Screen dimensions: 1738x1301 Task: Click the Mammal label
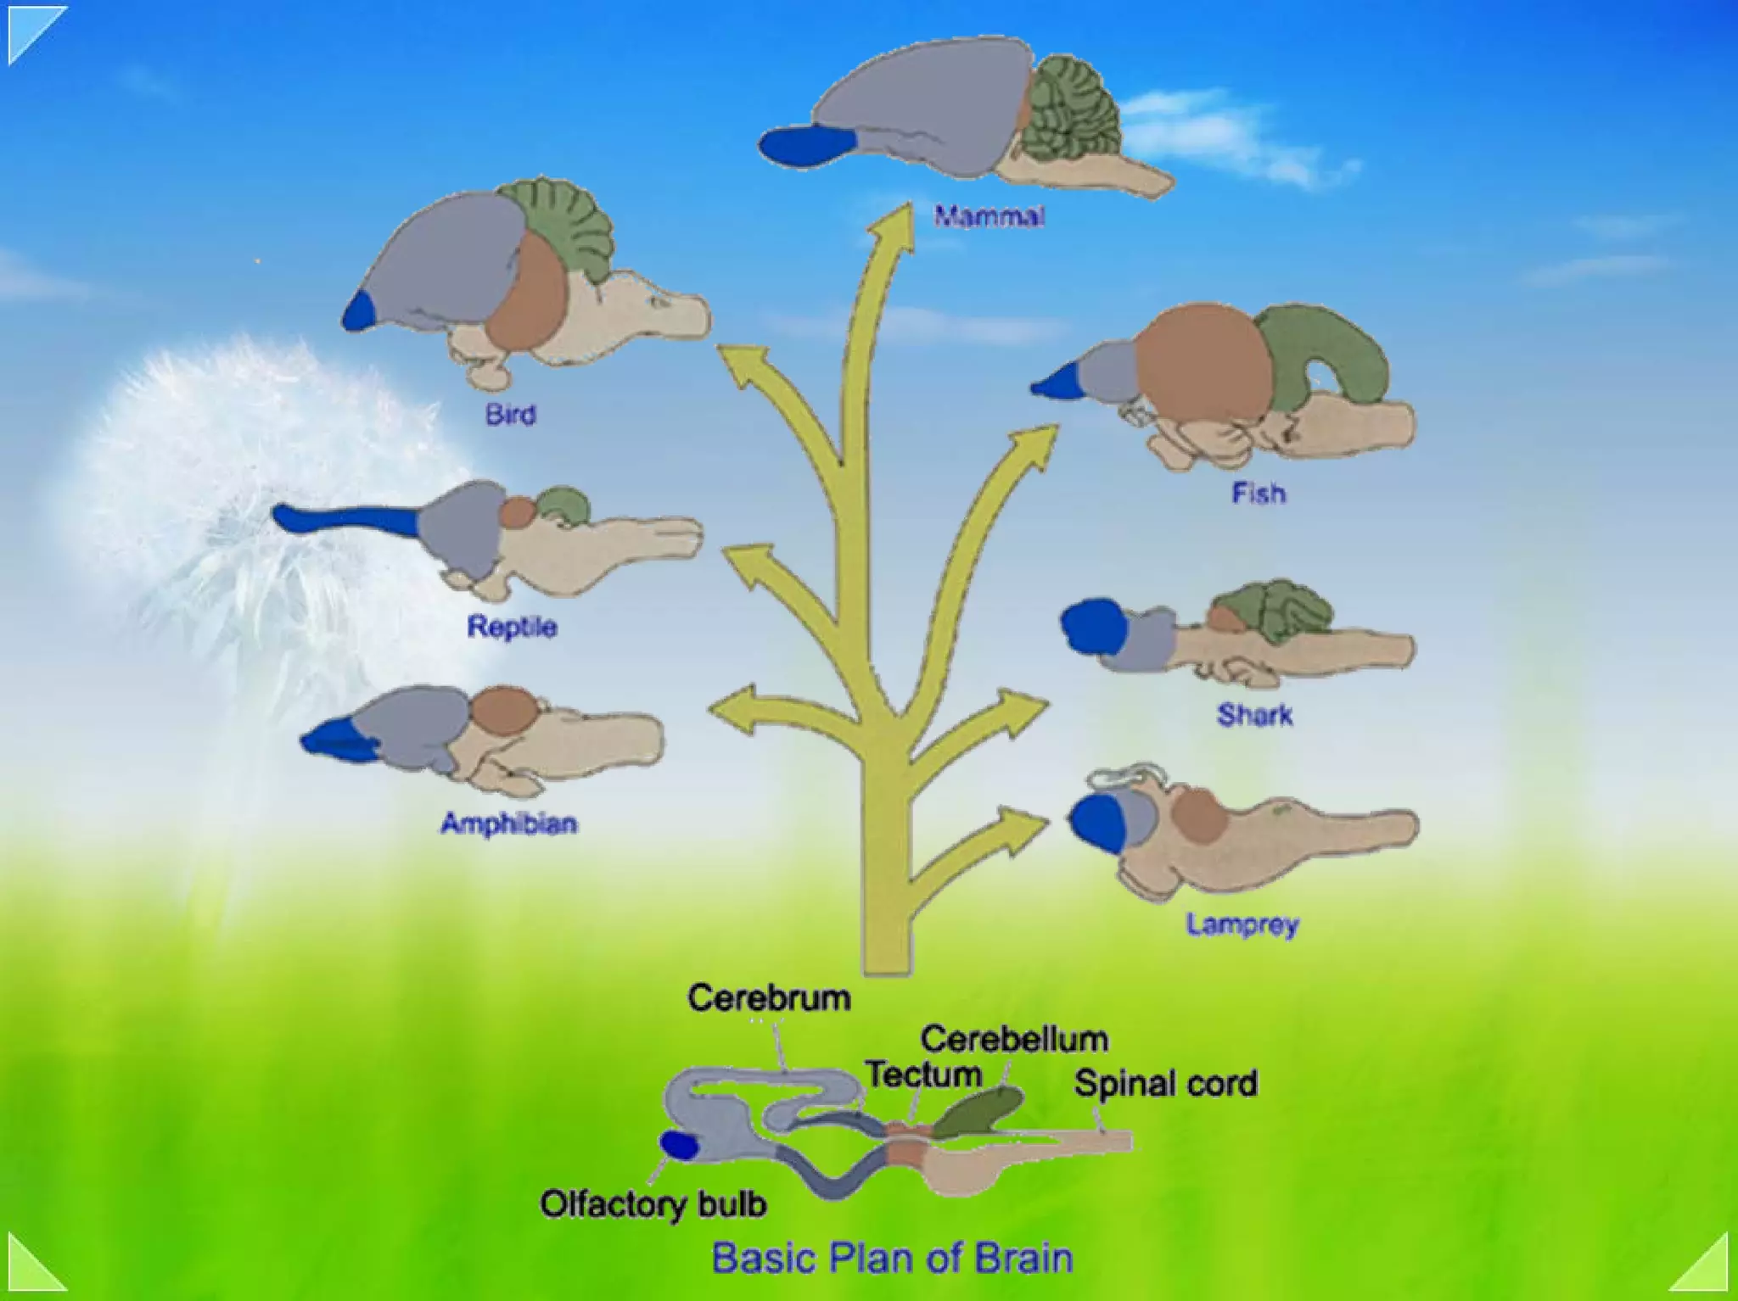coord(989,216)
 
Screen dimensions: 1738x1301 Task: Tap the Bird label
coord(510,415)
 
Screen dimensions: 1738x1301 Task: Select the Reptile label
coord(512,627)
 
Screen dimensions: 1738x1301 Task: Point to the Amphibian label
coord(509,823)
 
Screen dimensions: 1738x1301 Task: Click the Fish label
coord(1259,493)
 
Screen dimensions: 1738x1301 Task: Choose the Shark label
coord(1254,715)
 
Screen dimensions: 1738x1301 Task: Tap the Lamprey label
coord(1242,924)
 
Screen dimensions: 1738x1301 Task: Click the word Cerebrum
coord(769,997)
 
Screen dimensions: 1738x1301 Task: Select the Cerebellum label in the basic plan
coord(1014,1039)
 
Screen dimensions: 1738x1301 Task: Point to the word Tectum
coord(923,1075)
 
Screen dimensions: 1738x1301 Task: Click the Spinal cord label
coord(1165,1083)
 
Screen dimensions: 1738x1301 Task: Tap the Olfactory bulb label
coord(653,1203)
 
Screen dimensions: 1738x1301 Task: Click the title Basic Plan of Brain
coord(892,1258)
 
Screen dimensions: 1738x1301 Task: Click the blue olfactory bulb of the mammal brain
coord(806,145)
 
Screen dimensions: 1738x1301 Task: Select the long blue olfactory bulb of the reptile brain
coord(348,519)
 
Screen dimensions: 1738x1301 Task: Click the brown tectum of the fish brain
coord(1203,360)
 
